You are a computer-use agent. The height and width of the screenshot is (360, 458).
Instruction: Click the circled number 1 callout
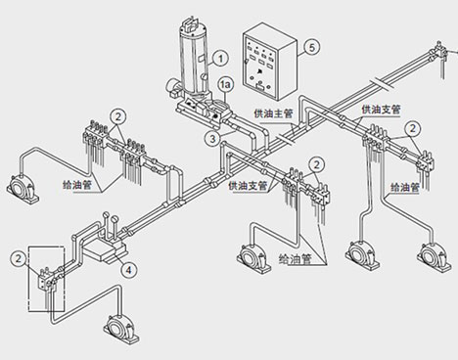221,59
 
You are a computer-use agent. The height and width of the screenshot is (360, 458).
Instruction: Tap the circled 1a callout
225,85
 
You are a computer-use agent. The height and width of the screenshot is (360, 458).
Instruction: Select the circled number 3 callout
212,139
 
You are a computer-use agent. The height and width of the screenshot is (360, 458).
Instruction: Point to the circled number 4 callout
129,270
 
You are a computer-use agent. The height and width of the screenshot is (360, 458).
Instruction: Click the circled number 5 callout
312,47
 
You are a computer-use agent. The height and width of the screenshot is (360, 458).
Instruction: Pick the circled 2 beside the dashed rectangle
19,259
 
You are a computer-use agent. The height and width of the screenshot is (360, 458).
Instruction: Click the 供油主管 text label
274,113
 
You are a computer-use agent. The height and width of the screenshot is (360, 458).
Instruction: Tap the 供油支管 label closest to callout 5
381,110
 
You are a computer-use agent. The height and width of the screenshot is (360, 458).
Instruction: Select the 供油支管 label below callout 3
248,186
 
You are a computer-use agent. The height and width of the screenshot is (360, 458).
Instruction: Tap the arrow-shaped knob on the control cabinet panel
258,72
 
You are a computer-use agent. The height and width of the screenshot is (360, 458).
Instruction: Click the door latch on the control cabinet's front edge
246,62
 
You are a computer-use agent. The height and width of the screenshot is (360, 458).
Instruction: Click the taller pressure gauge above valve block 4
106,225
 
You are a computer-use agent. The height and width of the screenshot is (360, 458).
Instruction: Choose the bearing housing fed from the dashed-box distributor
121,329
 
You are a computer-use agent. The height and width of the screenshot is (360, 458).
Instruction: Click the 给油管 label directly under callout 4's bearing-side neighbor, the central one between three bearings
296,260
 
